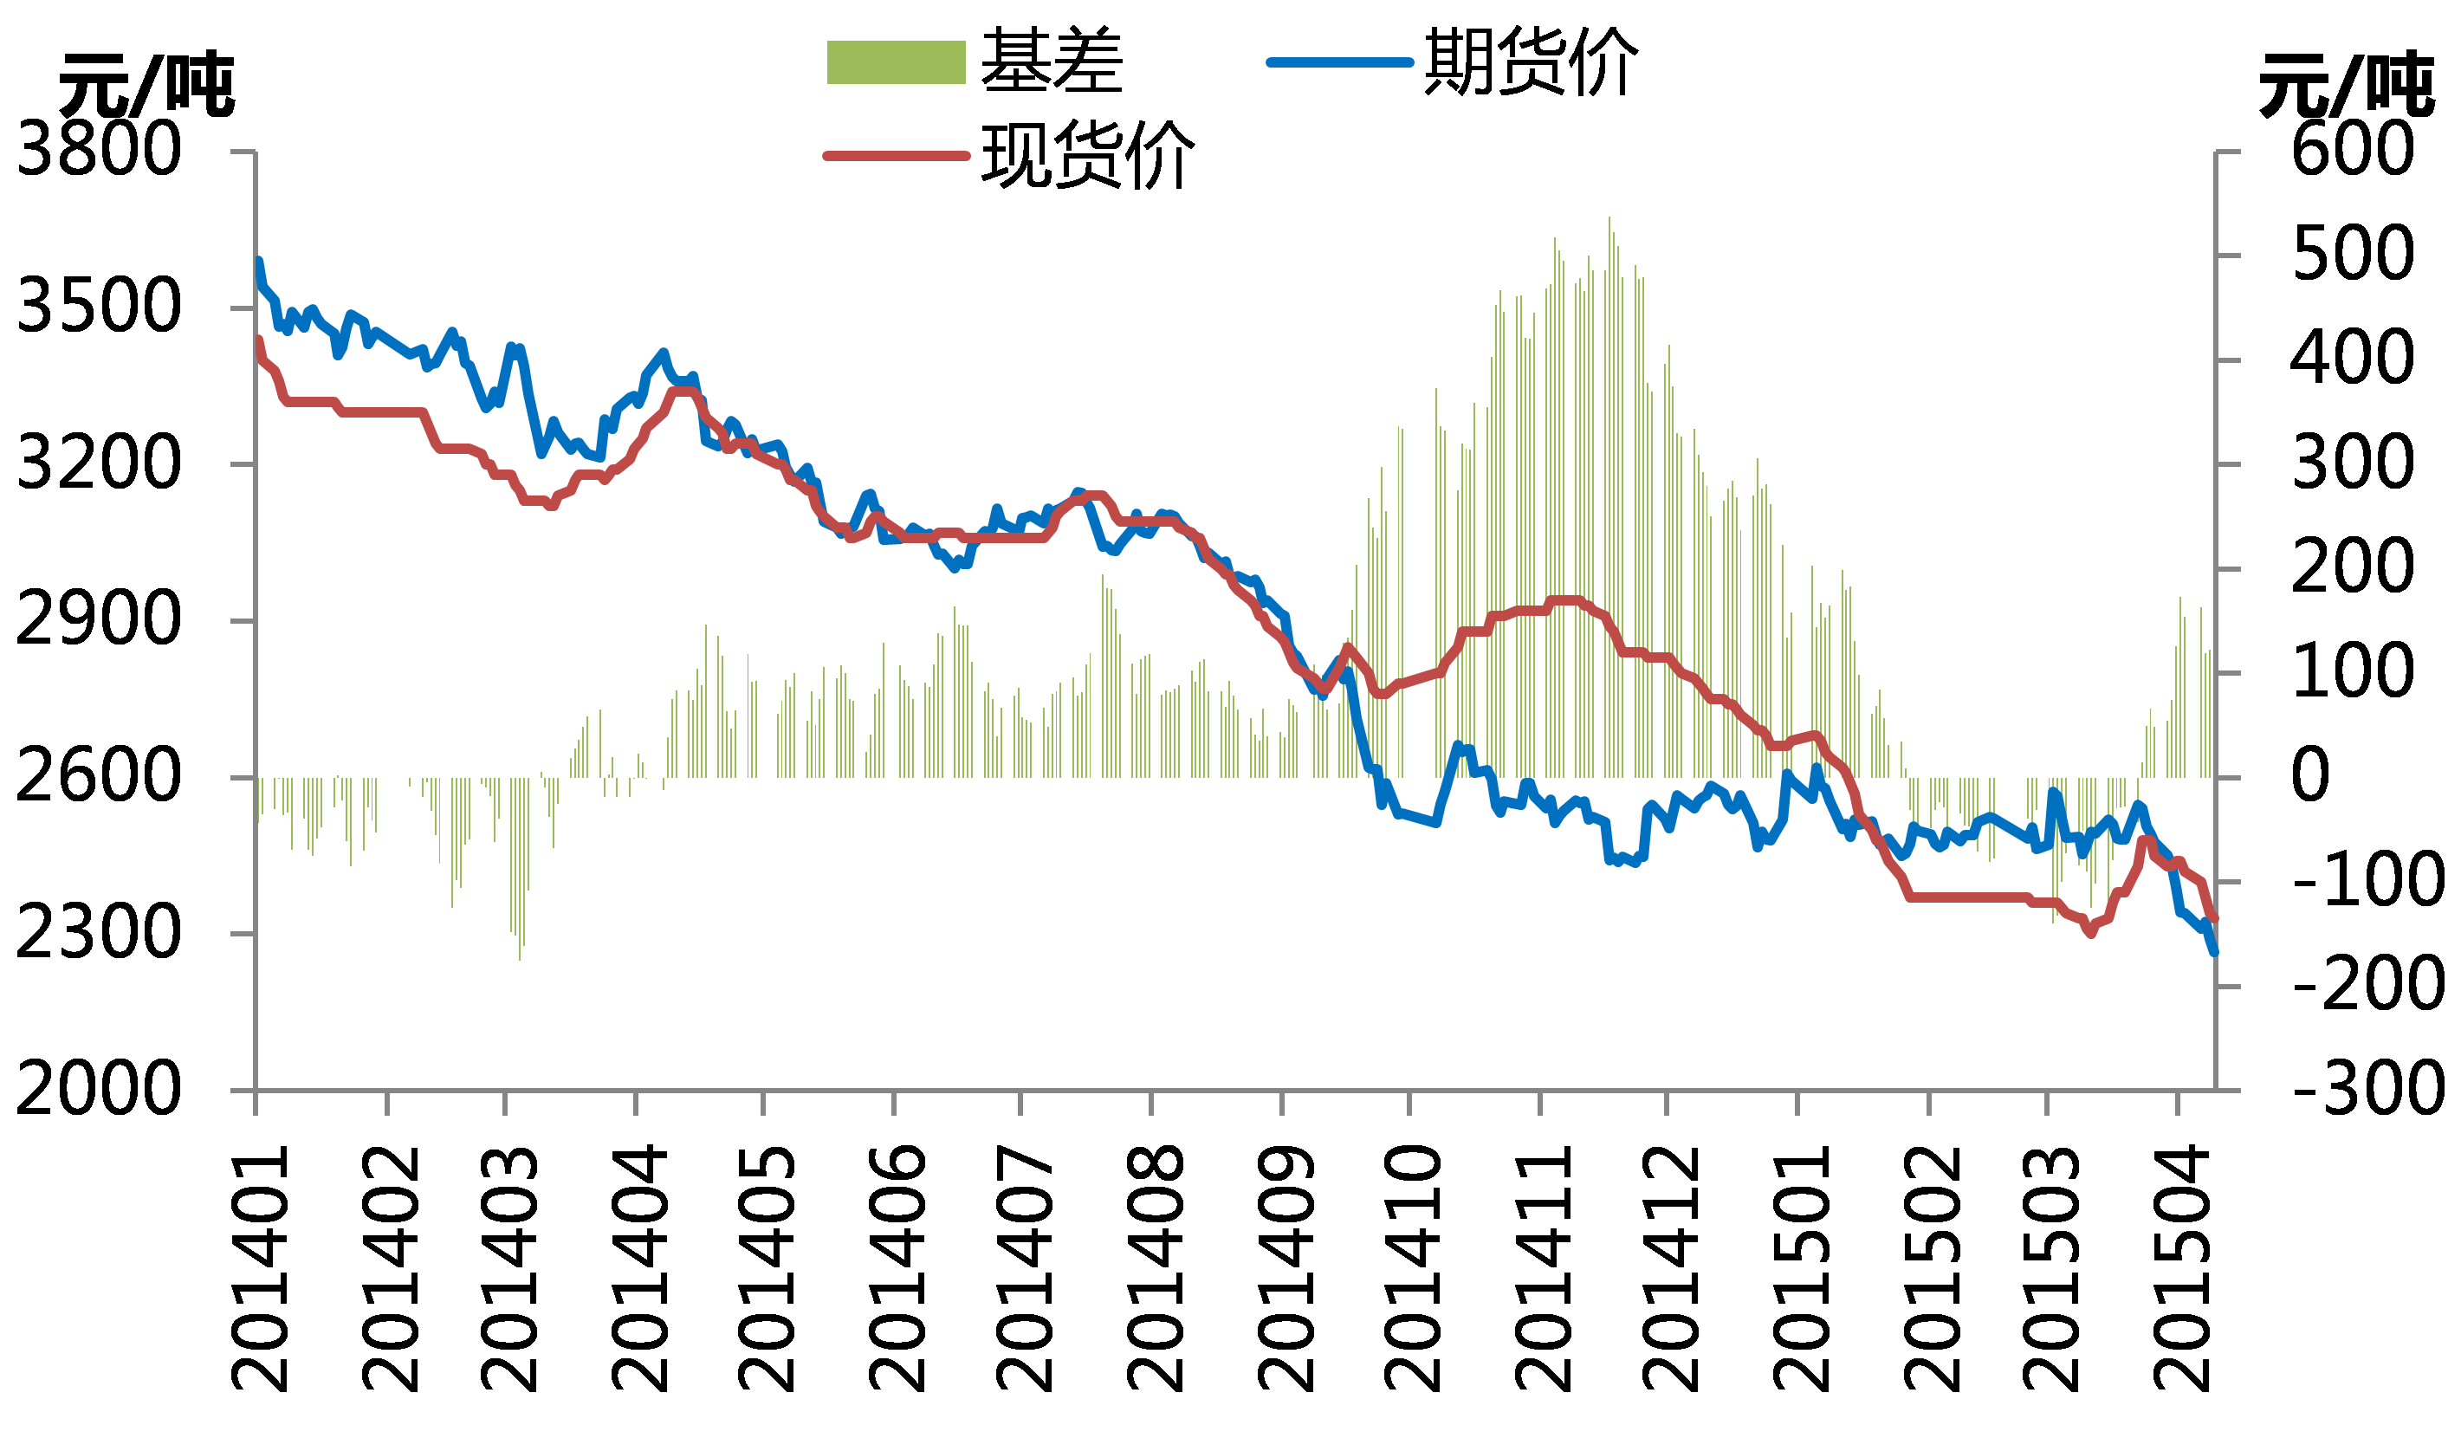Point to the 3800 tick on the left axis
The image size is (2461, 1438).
point(99,151)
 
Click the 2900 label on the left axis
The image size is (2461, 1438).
point(99,620)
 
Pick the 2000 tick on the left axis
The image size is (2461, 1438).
point(99,1089)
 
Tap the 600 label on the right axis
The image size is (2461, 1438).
point(2353,151)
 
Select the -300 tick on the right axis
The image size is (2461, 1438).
point(2367,1089)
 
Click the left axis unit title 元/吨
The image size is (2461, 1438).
point(146,85)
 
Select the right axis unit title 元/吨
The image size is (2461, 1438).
point(2346,85)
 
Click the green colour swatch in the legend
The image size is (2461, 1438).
point(896,62)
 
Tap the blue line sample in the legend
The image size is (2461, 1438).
point(1340,62)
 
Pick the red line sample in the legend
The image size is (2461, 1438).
point(896,155)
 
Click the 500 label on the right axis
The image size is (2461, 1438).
point(2353,255)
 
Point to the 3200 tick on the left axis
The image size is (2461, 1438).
point(99,463)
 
